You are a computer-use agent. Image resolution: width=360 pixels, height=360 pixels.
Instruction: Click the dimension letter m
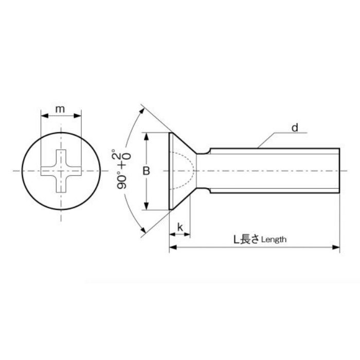click(61, 109)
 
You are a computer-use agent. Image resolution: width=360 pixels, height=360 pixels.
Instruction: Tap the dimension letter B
click(146, 171)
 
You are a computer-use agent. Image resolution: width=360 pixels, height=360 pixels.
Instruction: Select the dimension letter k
click(180, 227)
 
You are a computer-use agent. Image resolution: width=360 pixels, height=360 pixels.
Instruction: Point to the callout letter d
click(295, 127)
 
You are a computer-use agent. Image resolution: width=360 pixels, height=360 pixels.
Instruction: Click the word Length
click(273, 239)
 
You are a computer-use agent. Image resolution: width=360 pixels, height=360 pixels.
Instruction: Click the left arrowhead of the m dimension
click(42, 117)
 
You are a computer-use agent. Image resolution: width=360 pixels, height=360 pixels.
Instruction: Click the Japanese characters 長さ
click(250, 239)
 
